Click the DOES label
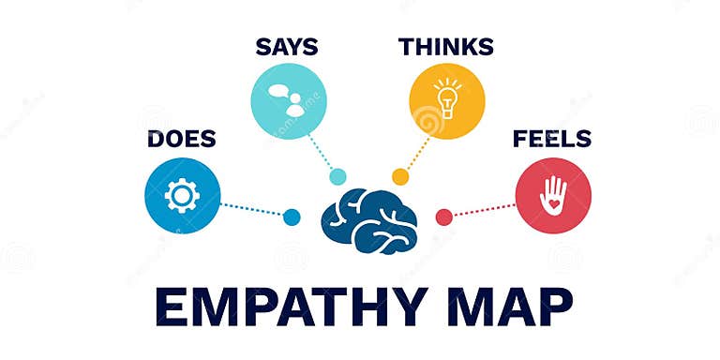(x=181, y=140)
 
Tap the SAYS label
(x=286, y=46)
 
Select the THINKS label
(x=446, y=46)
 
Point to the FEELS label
(x=551, y=140)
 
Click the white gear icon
(x=182, y=195)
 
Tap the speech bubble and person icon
(x=288, y=100)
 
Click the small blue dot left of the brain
(x=292, y=217)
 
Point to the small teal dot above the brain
(x=337, y=176)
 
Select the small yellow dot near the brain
(x=400, y=176)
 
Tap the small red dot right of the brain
(x=444, y=217)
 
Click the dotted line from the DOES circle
(x=251, y=208)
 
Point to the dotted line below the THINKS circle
(x=416, y=154)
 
